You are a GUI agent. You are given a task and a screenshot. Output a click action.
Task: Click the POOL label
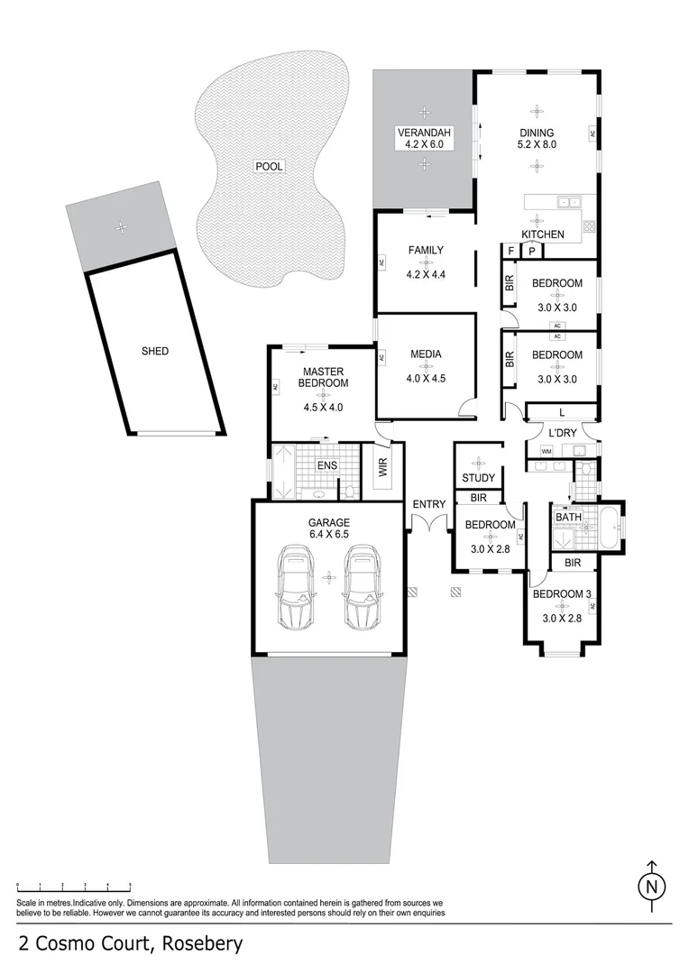pos(269,166)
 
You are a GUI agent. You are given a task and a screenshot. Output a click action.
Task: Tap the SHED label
pos(155,351)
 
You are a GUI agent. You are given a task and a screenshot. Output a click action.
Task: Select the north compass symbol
pos(650,887)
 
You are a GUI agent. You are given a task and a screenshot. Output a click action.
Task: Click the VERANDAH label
pos(424,138)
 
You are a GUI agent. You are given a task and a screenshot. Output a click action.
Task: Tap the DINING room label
pos(537,137)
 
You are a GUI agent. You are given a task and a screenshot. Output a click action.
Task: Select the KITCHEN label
pos(542,234)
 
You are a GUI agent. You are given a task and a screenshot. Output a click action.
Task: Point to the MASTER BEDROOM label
pos(325,377)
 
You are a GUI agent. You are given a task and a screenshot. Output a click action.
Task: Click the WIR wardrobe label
pos(382,466)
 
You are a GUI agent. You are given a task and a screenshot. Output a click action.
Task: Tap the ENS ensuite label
pos(326,465)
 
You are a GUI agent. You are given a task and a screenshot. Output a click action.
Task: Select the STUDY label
pos(478,478)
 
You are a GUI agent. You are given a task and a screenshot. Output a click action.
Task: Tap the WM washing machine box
pos(546,451)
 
